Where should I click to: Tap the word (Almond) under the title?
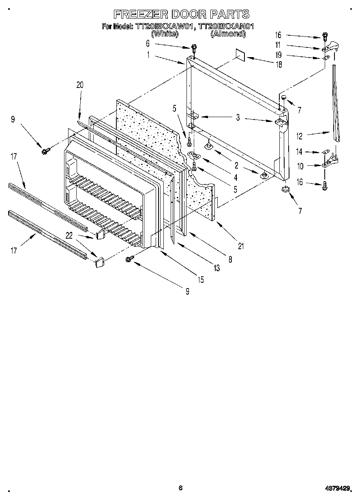point(228,34)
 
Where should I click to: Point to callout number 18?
point(279,64)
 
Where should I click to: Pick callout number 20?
point(79,85)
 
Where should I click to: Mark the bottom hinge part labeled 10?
point(330,164)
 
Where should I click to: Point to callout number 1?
point(148,56)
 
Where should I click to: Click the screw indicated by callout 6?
point(194,49)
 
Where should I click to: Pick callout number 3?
point(238,118)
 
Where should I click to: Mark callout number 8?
point(230,260)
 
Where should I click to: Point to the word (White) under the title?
point(165,34)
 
